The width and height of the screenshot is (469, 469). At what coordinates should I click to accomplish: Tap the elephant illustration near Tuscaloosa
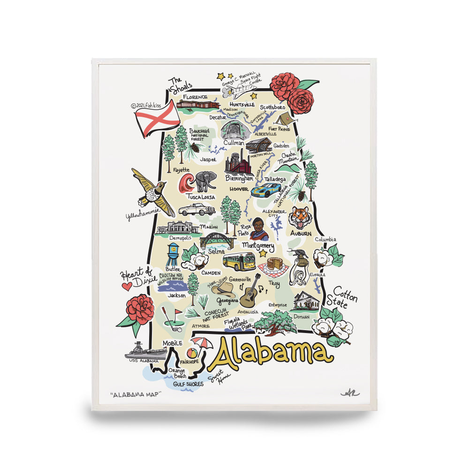(x=205, y=181)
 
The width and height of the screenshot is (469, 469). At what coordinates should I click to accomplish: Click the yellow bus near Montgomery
(x=239, y=261)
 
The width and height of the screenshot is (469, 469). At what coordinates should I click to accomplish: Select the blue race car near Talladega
(x=266, y=189)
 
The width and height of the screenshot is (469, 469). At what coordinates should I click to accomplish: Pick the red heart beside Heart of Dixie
(x=126, y=285)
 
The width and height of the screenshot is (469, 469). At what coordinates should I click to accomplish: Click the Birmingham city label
(x=239, y=179)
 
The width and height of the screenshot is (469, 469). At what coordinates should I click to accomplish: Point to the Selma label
(x=220, y=251)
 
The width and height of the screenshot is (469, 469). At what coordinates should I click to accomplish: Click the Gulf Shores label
(x=188, y=384)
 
